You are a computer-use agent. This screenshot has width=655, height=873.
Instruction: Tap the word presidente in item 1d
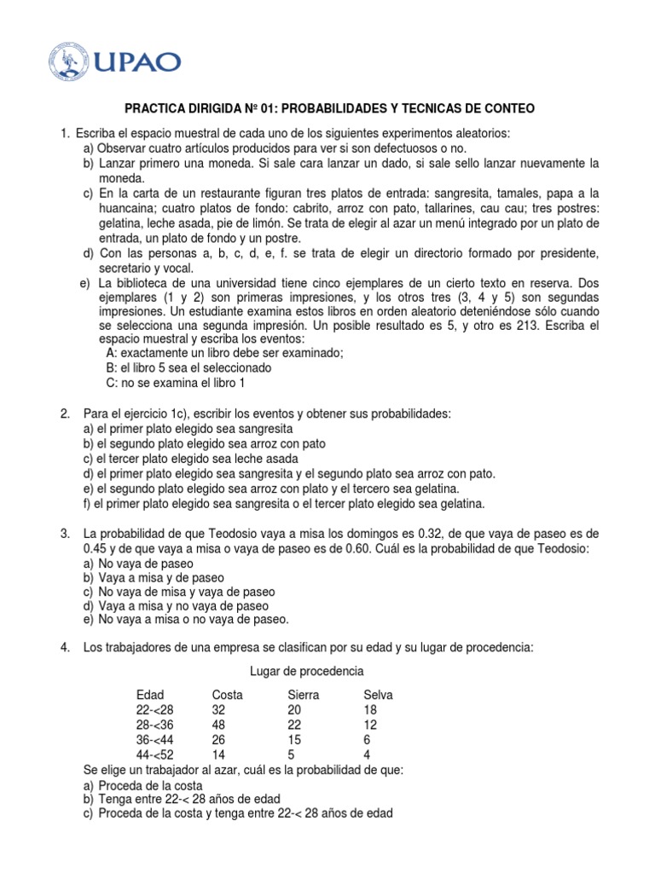pos(562,254)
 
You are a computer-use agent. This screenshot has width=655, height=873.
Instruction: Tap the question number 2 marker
pos(65,413)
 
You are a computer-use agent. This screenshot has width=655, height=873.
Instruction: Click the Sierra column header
pos(304,695)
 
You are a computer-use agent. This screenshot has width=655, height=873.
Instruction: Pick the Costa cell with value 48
pos(219,725)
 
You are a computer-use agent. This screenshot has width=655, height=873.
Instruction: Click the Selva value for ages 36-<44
pos(368,740)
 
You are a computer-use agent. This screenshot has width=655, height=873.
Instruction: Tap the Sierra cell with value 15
pos(296,740)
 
